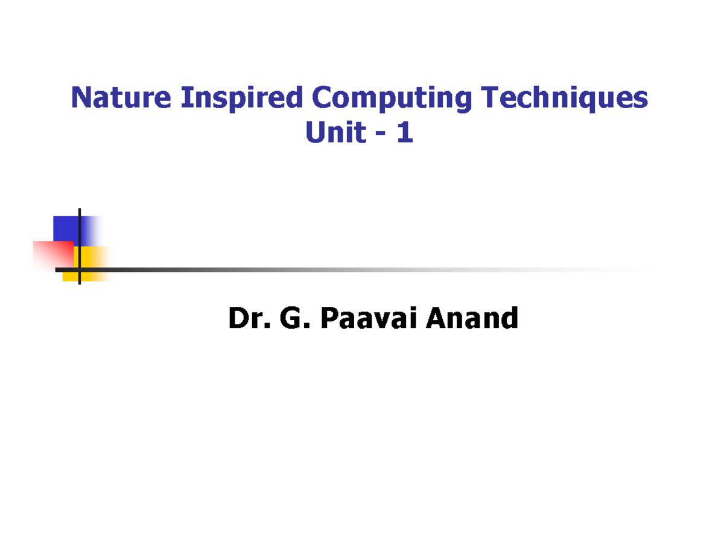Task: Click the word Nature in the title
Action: point(121,98)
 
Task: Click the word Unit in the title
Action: point(335,133)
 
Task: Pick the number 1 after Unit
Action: point(405,133)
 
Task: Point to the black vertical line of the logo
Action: point(80,230)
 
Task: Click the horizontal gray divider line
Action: point(362,269)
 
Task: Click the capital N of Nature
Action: point(80,98)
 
